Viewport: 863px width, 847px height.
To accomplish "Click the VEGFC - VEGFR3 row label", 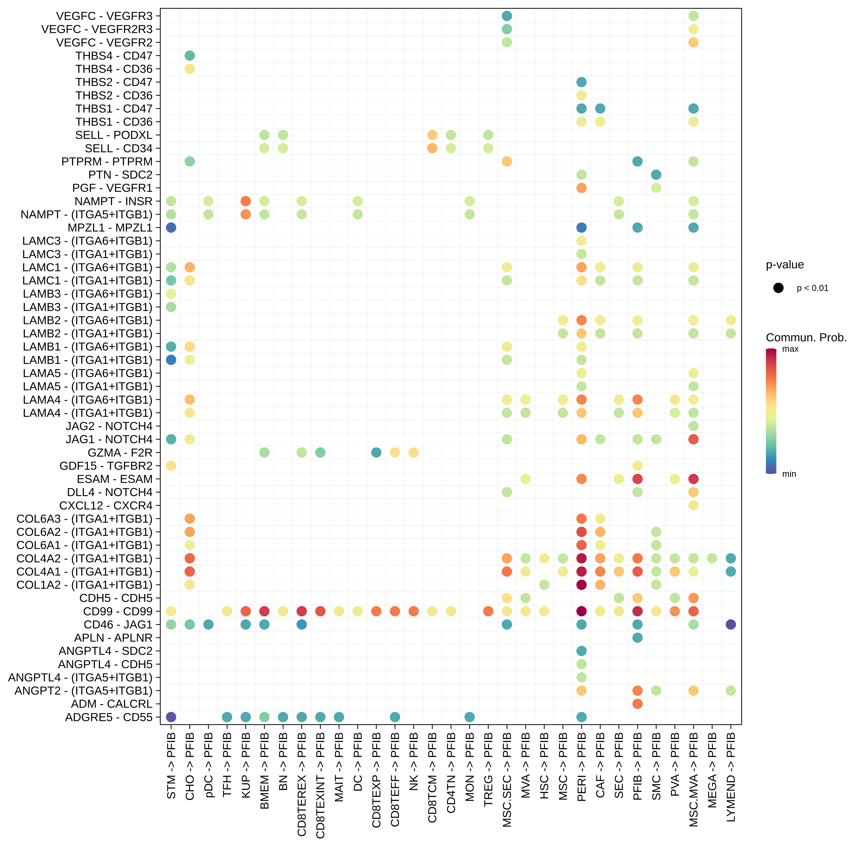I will [x=104, y=16].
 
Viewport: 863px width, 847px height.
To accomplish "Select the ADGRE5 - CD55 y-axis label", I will [x=109, y=717].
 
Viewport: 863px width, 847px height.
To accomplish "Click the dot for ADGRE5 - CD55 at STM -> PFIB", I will [x=171, y=717].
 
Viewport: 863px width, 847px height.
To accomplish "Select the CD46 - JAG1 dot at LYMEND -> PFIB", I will [x=731, y=624].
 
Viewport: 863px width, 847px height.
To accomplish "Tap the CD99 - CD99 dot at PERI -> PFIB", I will [x=581, y=611].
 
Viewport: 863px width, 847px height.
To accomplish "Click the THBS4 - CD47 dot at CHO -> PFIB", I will [x=190, y=56].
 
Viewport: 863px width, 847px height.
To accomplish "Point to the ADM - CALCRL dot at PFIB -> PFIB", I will [x=637, y=704].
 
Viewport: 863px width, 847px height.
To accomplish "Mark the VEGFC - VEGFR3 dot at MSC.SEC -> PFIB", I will [x=507, y=16].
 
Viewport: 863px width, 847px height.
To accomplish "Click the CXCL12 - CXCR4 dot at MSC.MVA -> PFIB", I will [x=693, y=505].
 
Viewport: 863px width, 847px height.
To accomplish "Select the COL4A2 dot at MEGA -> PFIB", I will [x=712, y=558].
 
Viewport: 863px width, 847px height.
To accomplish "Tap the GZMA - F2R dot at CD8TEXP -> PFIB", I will [x=376, y=452].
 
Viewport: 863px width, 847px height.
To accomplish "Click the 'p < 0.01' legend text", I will [x=812, y=288].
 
